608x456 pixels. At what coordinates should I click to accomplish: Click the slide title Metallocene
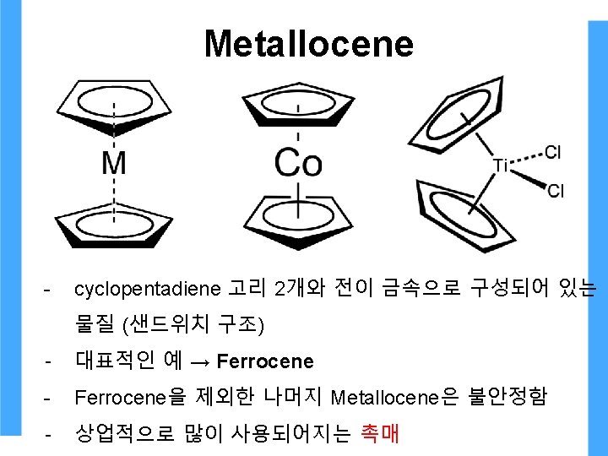click(x=308, y=44)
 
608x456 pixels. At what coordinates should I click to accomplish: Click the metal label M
click(x=114, y=161)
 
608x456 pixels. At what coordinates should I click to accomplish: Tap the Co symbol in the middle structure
click(x=297, y=161)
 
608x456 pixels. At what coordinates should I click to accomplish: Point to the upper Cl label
click(x=553, y=152)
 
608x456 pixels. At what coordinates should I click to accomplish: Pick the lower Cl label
click(x=556, y=191)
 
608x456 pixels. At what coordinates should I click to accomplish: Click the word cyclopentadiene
click(x=147, y=290)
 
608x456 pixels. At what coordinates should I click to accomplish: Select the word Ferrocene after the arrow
click(x=265, y=361)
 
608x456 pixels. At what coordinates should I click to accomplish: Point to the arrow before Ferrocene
click(x=201, y=362)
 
